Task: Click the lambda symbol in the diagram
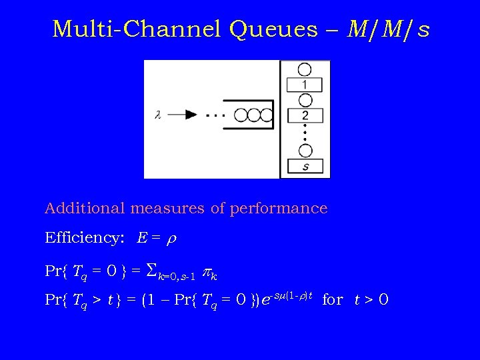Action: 158,115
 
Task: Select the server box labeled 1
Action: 305,85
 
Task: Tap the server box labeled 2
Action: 305,115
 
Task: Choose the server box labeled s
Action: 305,166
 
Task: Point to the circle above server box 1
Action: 305,69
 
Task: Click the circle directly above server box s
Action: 305,151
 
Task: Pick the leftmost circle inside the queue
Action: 234,115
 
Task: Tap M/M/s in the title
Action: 389,29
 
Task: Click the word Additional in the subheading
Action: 85,208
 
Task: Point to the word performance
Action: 279,208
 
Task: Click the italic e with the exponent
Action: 266,301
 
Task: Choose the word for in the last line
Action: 332,300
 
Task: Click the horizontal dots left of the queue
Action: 215,115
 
